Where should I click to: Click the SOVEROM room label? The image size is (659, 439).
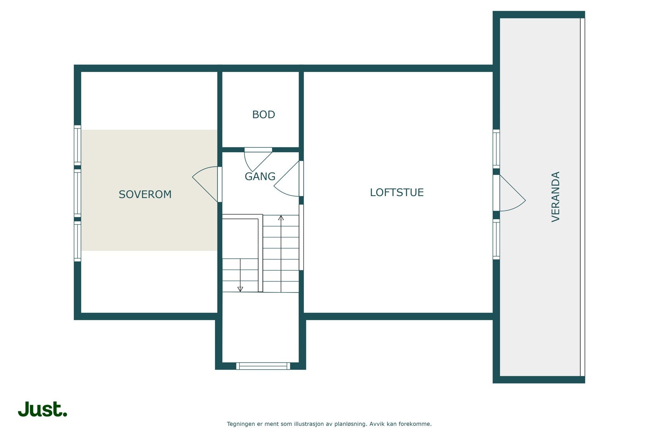click(145, 194)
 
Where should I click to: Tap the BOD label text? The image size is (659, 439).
click(263, 114)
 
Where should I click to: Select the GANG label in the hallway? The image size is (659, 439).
click(260, 177)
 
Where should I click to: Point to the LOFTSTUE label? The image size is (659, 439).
click(397, 193)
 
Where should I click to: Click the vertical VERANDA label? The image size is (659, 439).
click(556, 197)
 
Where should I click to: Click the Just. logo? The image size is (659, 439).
click(42, 409)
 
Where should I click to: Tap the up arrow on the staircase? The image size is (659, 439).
click(281, 218)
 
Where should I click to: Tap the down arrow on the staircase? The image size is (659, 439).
click(240, 289)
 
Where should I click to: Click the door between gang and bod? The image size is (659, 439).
click(257, 158)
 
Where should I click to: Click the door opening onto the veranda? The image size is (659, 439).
click(511, 193)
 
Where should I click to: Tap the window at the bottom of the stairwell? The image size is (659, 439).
click(263, 366)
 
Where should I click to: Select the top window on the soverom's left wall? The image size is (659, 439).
click(77, 145)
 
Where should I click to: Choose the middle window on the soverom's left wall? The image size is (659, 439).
click(77, 193)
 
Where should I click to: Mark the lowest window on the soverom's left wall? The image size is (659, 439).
click(77, 241)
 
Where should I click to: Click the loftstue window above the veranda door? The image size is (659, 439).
click(496, 149)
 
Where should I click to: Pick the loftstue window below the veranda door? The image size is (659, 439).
click(496, 239)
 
